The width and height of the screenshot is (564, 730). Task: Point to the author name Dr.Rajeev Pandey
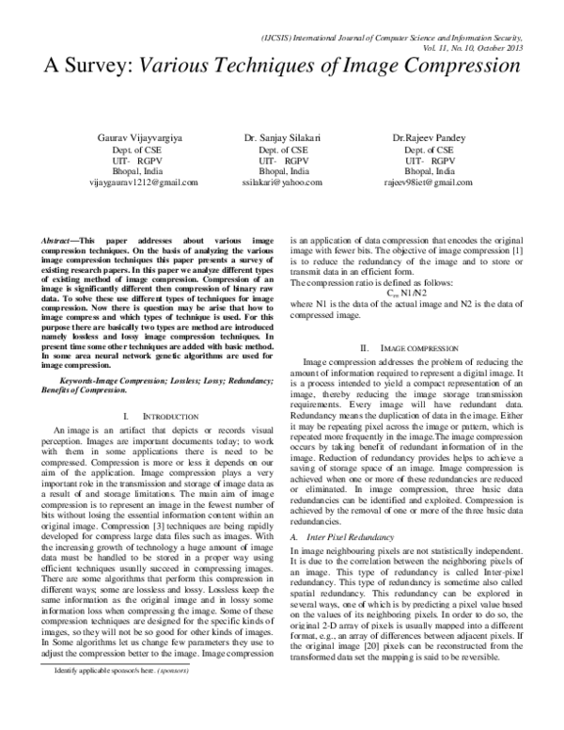coord(428,137)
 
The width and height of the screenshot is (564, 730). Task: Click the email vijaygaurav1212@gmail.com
coord(137,182)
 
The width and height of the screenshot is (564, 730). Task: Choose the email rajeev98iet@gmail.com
coord(428,182)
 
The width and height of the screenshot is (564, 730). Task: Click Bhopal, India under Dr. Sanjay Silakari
coord(283,171)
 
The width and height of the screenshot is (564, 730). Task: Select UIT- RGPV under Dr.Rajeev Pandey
coord(428,160)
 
